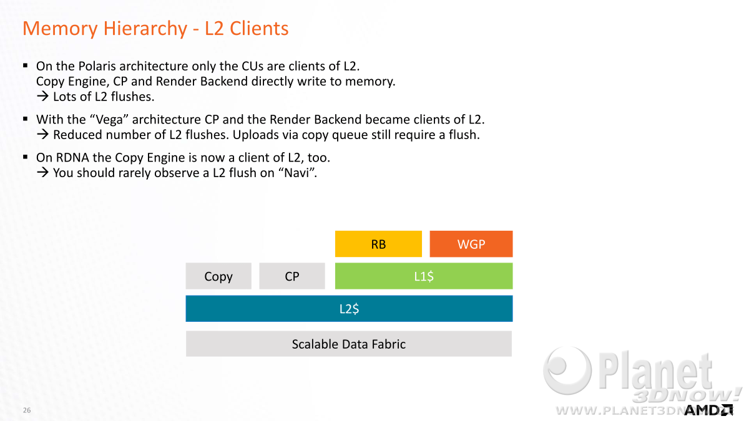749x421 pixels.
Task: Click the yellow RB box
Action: point(378,244)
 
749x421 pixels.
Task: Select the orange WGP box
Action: point(471,244)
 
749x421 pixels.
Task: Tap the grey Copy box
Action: point(218,276)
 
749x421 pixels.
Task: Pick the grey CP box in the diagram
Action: point(292,276)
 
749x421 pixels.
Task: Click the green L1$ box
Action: point(424,276)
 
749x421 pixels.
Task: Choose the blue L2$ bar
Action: point(349,308)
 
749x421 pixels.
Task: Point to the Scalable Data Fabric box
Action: point(349,344)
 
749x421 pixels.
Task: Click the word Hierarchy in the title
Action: point(145,29)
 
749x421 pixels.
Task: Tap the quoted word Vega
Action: point(110,120)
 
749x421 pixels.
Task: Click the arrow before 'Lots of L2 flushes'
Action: point(43,97)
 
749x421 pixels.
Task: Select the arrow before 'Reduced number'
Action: point(43,135)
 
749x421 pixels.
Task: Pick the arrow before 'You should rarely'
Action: point(43,173)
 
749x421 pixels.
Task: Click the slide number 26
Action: point(27,410)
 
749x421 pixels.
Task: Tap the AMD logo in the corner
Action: point(708,410)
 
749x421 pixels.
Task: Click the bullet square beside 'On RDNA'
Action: point(26,157)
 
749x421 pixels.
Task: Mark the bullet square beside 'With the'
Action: point(26,119)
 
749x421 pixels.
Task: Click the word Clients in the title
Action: point(259,29)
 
